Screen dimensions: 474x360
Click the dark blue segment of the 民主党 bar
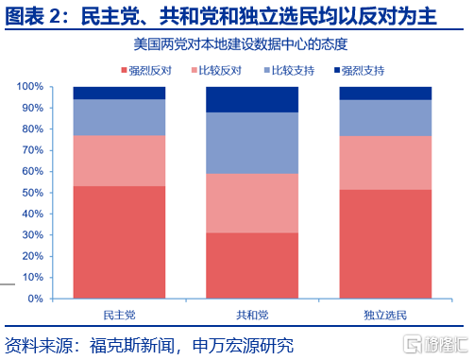119,94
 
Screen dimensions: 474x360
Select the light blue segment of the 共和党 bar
252,143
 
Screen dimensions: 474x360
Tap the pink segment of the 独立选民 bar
385,163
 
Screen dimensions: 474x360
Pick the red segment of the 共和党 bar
252,266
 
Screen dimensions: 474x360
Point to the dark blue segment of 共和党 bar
252,99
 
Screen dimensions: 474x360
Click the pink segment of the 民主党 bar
119,161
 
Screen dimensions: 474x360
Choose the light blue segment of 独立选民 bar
385,118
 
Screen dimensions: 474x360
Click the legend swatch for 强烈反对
124,70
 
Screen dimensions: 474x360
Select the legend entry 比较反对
216,70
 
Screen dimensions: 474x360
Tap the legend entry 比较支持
289,70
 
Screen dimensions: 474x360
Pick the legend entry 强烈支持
360,70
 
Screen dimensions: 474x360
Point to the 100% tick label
30,86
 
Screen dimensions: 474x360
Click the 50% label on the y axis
33,193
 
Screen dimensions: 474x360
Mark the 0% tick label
35,299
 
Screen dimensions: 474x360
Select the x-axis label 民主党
119,315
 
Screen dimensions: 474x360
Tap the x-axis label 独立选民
385,315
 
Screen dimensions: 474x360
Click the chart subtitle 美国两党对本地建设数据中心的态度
241,44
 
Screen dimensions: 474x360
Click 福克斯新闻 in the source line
132,346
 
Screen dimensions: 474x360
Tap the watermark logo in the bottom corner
435,344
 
